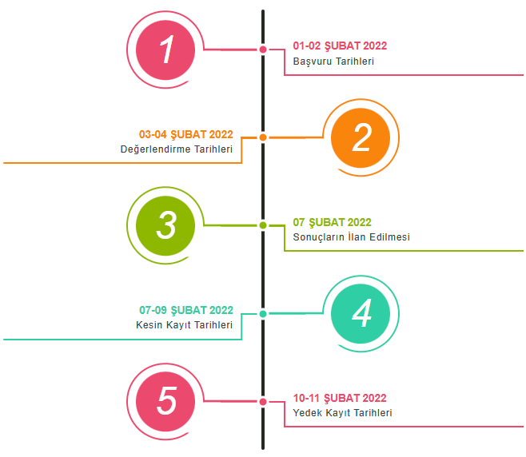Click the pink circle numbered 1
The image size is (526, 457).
(x=166, y=50)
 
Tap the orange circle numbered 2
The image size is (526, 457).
(x=361, y=137)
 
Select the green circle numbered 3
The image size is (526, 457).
(x=166, y=225)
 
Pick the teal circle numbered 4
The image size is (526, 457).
(x=361, y=313)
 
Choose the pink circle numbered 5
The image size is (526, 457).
(x=166, y=401)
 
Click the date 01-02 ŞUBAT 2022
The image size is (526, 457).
(x=340, y=46)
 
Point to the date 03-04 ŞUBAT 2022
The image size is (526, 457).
(x=186, y=134)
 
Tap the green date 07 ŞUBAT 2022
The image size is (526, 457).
(x=332, y=222)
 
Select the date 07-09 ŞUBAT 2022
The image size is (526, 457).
(x=186, y=310)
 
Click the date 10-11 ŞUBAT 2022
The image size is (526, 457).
(x=340, y=398)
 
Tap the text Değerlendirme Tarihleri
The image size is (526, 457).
(x=177, y=149)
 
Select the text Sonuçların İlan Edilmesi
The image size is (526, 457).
(x=351, y=237)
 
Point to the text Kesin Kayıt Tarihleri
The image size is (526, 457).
(x=185, y=325)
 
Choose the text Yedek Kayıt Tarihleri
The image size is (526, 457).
(x=342, y=413)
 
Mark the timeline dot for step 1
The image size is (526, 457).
(x=263, y=50)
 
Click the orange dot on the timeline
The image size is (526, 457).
(x=263, y=137)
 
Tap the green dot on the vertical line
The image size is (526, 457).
(x=263, y=225)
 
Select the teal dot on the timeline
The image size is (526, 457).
(x=263, y=313)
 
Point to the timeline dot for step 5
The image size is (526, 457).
(x=263, y=401)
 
